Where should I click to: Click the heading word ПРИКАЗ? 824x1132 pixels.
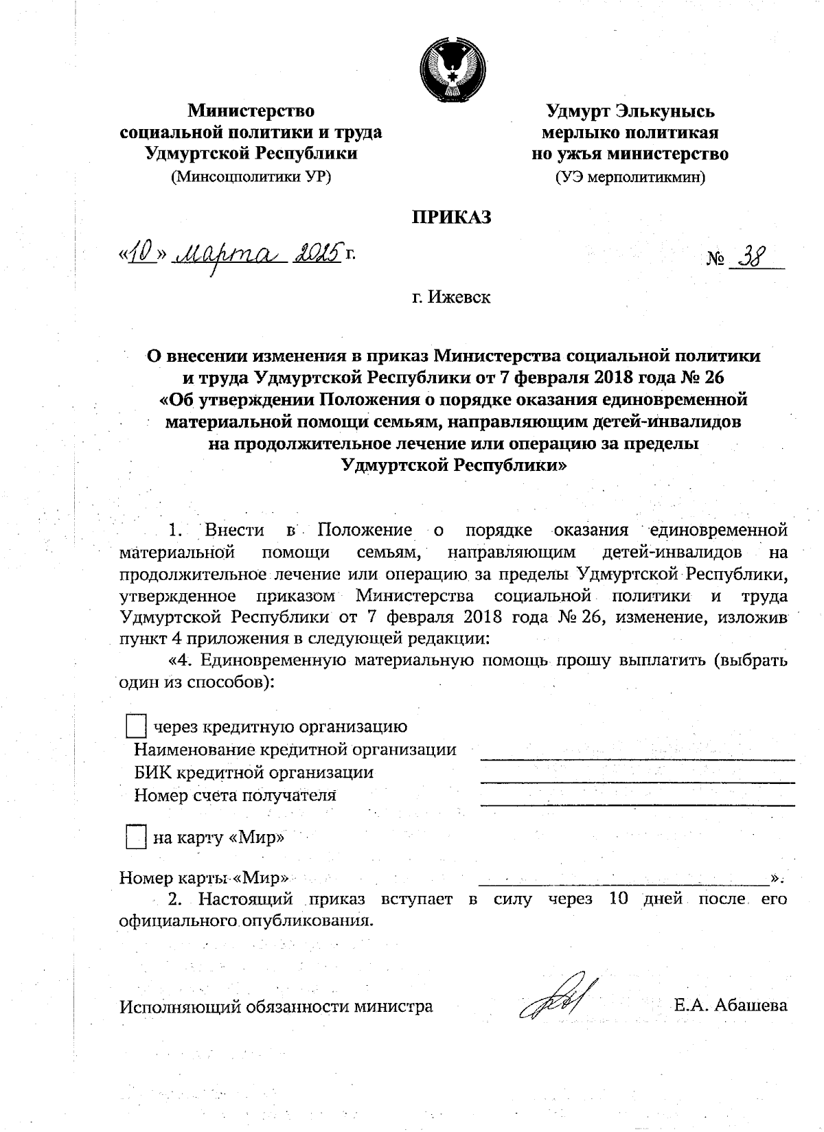pos(451,218)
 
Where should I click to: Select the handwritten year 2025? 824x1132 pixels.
pos(317,254)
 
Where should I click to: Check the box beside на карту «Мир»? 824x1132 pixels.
pos(137,838)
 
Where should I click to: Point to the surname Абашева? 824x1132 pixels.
pos(751,1006)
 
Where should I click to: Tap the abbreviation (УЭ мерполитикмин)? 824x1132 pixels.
pos(630,177)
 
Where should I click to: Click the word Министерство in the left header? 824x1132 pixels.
pos(251,110)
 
